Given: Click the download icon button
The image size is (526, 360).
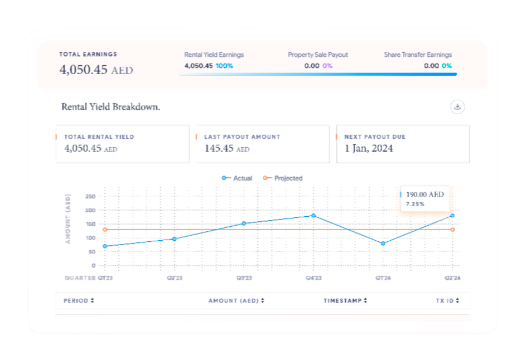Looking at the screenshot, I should [x=457, y=107].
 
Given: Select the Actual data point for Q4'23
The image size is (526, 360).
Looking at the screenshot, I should [x=313, y=216].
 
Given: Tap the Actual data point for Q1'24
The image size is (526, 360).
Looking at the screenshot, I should [x=383, y=244].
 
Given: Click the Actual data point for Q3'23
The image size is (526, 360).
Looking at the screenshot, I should [x=244, y=223].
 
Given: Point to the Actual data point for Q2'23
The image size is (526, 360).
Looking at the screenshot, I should [x=175, y=239].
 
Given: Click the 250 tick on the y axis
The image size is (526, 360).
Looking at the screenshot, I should [x=90, y=197].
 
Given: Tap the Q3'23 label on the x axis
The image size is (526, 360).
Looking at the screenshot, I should [x=244, y=278].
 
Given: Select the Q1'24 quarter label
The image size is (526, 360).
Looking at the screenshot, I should [x=383, y=278].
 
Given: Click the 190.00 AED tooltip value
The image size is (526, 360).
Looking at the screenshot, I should [x=425, y=194].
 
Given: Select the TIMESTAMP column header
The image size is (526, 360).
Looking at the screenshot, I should [x=345, y=301].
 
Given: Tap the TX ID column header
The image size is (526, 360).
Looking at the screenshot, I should [x=447, y=301].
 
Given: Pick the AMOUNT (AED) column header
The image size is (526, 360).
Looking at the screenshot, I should [x=236, y=301].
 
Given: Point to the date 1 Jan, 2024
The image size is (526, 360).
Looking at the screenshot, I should [x=369, y=149].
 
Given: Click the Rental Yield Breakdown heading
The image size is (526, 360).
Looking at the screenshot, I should [x=110, y=106].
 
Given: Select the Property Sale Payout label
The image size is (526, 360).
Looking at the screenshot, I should [x=318, y=55].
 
